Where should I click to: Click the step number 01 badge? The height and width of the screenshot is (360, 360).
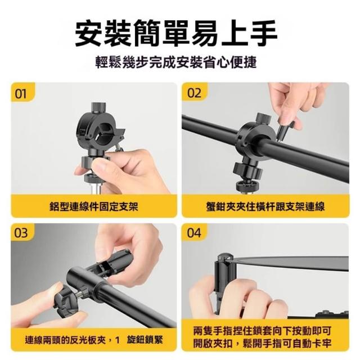tap(22, 92)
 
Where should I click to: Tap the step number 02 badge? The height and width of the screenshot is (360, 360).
tap(194, 92)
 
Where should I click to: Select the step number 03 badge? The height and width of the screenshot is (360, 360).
tap(22, 232)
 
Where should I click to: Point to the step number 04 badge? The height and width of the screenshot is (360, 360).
tap(194, 232)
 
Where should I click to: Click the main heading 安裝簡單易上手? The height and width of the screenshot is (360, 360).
tap(176, 34)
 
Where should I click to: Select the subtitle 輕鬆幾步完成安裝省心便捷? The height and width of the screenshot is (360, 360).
tap(176, 62)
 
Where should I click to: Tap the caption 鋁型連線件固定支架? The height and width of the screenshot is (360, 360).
tap(94, 206)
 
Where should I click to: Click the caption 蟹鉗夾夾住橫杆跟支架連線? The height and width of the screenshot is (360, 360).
tap(265, 206)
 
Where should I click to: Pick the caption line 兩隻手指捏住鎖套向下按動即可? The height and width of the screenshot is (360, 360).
tap(262, 331)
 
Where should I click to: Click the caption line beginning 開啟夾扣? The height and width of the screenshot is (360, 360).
tap(262, 344)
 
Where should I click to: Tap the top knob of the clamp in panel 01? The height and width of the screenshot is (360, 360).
tap(99, 107)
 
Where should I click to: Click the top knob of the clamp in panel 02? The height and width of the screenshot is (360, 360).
tap(264, 118)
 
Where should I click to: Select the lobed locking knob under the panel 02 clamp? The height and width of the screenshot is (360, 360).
tap(248, 171)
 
